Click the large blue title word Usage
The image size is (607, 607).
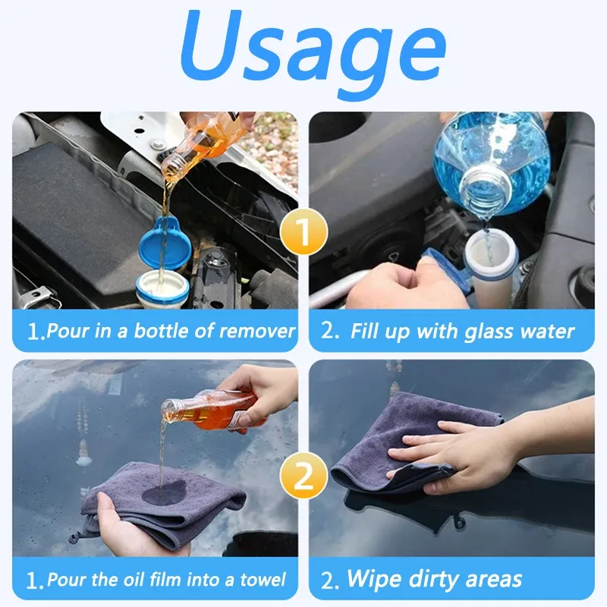pos(313,50)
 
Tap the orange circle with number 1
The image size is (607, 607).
pos(304,231)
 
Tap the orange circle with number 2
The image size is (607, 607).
pos(304,476)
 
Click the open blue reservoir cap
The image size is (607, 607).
pos(165,243)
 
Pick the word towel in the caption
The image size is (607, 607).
pos(263,580)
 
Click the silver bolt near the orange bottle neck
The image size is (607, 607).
pos(159,145)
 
